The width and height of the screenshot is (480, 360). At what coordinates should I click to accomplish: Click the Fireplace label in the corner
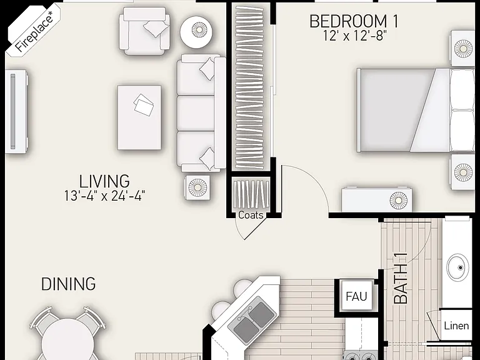(x=34, y=31)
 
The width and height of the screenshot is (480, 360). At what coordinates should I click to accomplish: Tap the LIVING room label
(x=104, y=181)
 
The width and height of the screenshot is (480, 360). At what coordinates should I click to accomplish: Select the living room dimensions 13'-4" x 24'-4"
(x=104, y=196)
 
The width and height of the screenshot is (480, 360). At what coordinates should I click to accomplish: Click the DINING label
(x=68, y=284)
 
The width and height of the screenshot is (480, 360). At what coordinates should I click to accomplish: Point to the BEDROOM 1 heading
(x=354, y=21)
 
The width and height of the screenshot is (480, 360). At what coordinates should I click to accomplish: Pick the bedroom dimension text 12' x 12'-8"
(x=354, y=36)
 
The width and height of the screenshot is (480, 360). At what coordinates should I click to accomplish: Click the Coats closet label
(x=251, y=215)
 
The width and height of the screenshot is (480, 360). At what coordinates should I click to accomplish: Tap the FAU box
(x=357, y=296)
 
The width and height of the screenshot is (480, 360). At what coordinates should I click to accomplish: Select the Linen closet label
(x=456, y=326)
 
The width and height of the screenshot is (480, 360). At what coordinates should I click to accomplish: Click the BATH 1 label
(x=401, y=278)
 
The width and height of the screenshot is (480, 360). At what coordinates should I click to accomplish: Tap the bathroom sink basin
(x=457, y=267)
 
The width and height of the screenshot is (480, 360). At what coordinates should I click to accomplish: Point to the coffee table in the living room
(x=139, y=117)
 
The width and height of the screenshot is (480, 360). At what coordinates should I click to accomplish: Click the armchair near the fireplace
(x=144, y=31)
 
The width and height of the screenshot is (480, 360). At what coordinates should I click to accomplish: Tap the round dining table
(x=68, y=341)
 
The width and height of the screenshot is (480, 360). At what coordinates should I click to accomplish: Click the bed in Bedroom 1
(x=416, y=110)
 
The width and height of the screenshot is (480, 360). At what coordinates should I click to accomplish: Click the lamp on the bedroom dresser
(x=398, y=201)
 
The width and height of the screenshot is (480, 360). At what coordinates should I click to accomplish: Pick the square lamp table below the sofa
(x=197, y=187)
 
